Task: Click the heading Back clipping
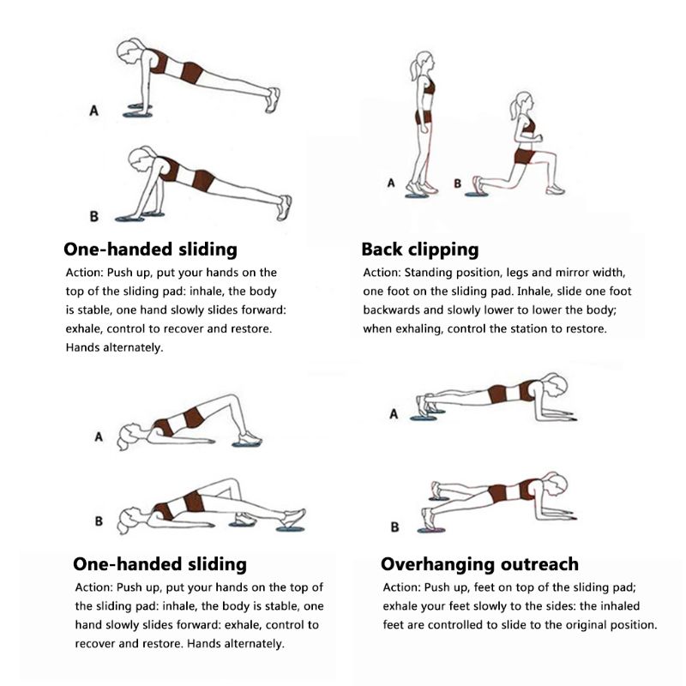click(x=420, y=250)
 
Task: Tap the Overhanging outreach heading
click(x=479, y=564)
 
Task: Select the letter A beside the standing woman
click(x=391, y=183)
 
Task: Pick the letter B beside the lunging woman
click(x=457, y=184)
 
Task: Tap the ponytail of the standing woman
click(x=414, y=69)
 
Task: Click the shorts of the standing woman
click(x=424, y=117)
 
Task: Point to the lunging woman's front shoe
click(x=555, y=190)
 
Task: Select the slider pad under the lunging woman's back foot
click(x=476, y=195)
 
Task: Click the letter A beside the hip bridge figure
click(x=99, y=436)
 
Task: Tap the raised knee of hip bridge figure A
click(x=231, y=399)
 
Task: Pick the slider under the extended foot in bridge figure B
click(x=290, y=529)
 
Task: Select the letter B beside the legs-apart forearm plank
click(x=394, y=527)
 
